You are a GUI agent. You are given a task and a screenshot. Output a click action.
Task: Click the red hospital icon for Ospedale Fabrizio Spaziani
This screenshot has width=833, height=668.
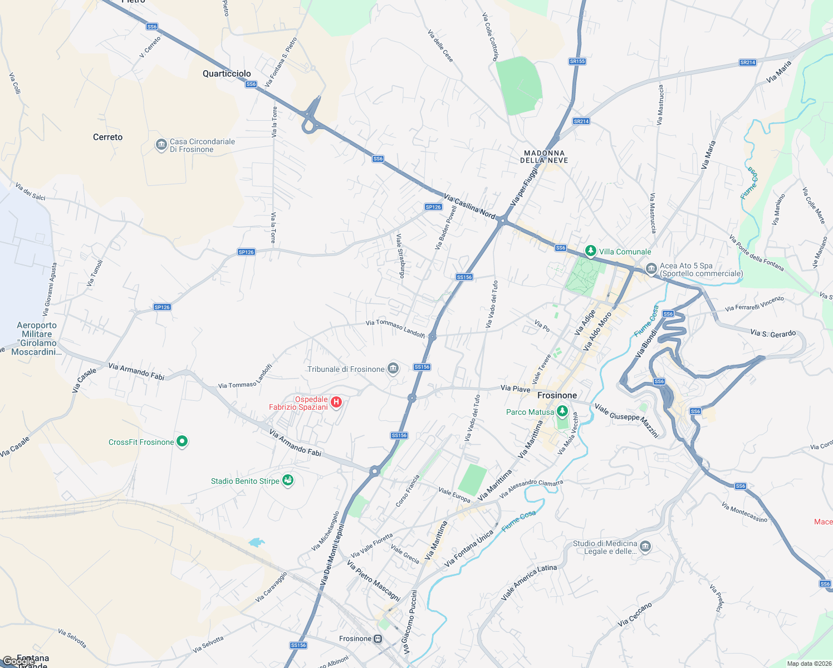(x=336, y=402)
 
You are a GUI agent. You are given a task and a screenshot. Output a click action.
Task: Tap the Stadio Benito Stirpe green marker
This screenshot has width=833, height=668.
(x=288, y=480)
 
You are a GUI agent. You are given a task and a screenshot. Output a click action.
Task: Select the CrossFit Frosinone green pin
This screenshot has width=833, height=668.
(x=182, y=441)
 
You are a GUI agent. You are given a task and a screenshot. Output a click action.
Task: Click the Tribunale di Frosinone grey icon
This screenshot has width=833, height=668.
(x=393, y=369)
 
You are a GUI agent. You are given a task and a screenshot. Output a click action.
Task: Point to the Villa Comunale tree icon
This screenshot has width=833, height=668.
(x=590, y=252)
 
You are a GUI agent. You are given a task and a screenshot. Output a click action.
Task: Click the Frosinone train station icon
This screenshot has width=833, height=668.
(x=378, y=638)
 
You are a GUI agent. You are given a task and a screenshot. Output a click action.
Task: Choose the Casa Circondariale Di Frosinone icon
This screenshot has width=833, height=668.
(x=161, y=145)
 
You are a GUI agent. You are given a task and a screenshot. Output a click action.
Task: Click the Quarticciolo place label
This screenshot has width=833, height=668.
(x=227, y=73)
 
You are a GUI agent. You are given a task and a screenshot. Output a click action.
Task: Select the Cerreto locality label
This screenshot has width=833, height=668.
(x=107, y=137)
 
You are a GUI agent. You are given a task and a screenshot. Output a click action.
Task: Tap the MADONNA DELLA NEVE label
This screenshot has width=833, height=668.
(x=544, y=156)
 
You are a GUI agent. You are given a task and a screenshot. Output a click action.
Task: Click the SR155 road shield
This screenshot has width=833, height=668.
(x=577, y=61)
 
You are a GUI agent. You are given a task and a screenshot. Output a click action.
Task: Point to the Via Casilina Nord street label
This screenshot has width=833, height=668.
(x=469, y=207)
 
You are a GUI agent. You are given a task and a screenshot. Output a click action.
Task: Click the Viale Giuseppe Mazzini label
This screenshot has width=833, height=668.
(x=626, y=420)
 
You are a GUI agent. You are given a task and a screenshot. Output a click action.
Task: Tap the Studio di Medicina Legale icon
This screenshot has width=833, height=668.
(x=645, y=547)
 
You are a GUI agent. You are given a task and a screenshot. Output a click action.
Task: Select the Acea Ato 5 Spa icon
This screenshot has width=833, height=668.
(x=651, y=269)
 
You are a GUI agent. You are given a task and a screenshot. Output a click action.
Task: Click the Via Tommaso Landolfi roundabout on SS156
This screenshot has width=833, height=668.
(x=432, y=337)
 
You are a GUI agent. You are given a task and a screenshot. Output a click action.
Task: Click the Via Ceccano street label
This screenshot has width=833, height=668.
(x=634, y=615)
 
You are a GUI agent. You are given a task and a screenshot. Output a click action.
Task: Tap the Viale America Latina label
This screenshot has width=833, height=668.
(x=528, y=582)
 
